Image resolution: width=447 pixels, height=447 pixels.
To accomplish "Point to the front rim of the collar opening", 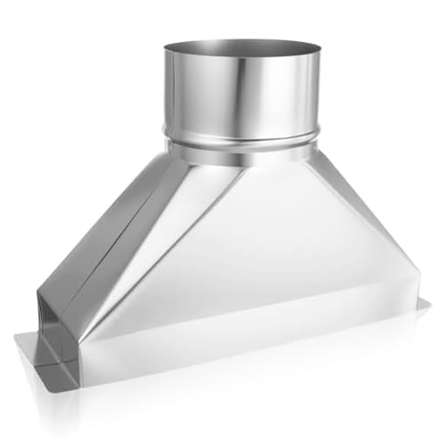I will (240, 65).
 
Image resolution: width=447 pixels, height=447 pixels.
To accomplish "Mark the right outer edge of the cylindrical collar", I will (318, 92).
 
